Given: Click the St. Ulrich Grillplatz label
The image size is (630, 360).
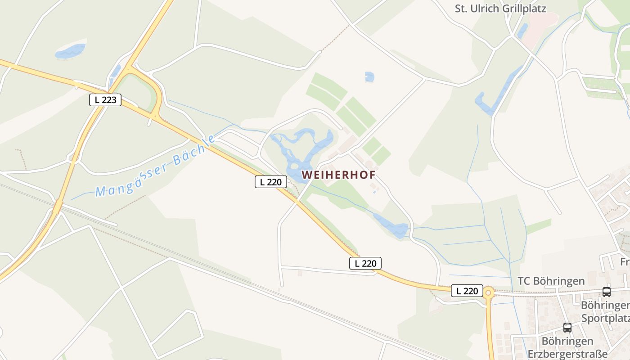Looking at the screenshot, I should pos(500,9).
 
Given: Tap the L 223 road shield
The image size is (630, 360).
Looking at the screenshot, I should pos(105,100).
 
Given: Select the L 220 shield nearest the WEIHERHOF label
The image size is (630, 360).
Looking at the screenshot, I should pos(271,182).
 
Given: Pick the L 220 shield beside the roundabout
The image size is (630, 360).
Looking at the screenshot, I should pos(467,291).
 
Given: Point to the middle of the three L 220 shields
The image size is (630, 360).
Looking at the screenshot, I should pos(365,263).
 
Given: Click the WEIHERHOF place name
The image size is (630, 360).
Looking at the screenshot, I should pos(338,175).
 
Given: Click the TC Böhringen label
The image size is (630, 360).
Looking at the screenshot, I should pos(551,281).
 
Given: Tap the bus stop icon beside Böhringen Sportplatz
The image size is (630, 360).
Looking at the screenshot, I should pos(607,292).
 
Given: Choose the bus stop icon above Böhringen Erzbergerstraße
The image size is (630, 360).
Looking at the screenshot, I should pos(567,328).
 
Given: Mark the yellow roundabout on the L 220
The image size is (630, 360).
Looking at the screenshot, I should pos(488,293).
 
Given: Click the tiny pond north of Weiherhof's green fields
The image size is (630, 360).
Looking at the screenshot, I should pos(369,77).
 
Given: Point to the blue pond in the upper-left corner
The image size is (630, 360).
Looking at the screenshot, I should pos(70,51).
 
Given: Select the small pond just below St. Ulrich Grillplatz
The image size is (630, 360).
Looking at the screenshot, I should pos(522,31).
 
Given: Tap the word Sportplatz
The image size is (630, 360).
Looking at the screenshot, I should pos(605,319).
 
